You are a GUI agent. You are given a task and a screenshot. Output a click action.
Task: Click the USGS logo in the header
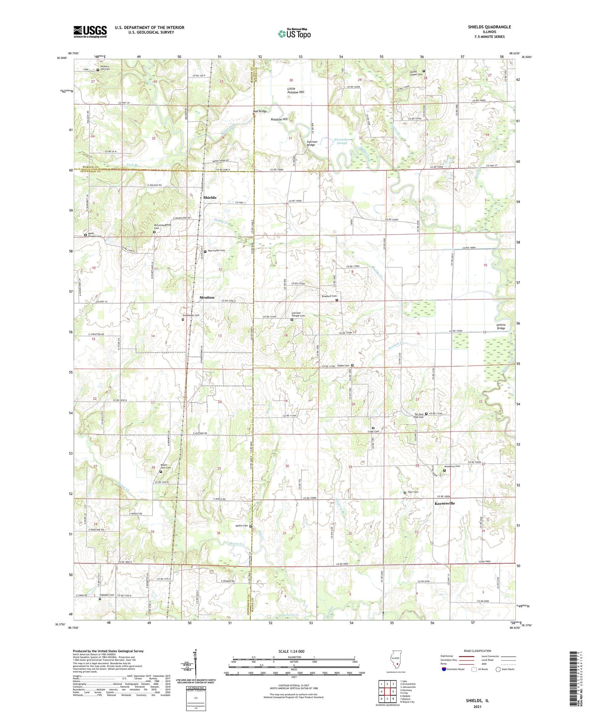pos(90,32)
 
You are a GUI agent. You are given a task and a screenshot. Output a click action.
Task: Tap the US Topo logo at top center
pos(294,34)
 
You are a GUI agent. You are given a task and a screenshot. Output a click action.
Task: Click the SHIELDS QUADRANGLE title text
pos(489,27)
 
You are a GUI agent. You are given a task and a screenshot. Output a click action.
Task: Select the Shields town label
pos(210,198)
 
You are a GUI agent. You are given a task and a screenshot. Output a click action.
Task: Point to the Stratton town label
pos(207,297)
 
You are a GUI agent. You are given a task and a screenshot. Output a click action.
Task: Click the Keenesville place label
pos(444,504)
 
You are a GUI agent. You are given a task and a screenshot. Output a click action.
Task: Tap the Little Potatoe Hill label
pos(296,90)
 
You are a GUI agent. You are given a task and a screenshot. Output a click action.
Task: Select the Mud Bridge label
pos(260,111)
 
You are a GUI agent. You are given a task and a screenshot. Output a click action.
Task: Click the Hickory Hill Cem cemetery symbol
pos(98,70)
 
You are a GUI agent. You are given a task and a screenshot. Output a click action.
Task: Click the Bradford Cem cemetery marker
pos(337,300)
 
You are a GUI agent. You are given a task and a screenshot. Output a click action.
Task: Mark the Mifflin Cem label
pos(242,526)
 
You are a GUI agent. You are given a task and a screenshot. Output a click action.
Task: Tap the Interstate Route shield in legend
pos(444,669)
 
